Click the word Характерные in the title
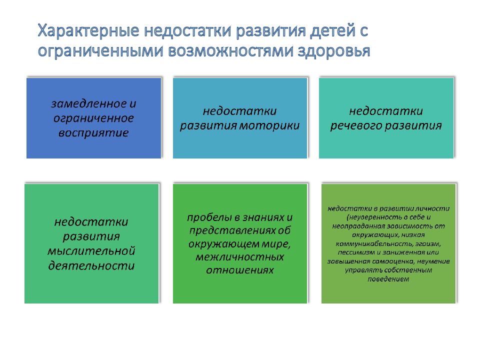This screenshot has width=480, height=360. [88, 31]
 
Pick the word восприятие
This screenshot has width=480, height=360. [94, 133]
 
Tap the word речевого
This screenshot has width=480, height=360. [357, 125]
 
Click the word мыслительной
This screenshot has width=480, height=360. [91, 250]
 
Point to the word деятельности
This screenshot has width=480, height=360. [91, 265]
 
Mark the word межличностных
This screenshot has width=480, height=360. [240, 257]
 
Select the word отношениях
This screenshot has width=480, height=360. [240, 270]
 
